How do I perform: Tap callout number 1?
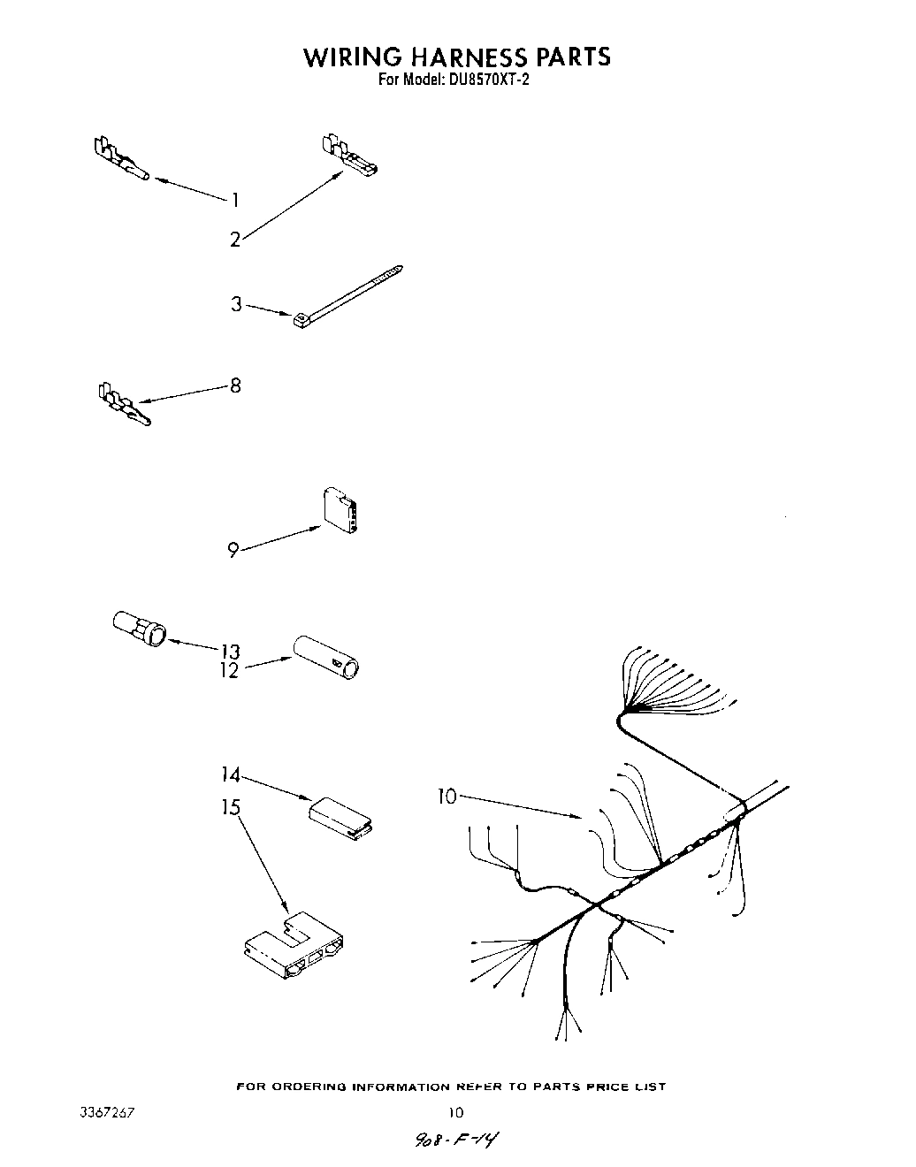[235, 200]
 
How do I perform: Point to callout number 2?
[235, 240]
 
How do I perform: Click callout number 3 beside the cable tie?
[236, 304]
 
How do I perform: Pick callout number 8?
[235, 385]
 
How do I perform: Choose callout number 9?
[233, 550]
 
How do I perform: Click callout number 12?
[230, 670]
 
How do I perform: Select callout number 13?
[230, 652]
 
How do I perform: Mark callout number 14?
[230, 774]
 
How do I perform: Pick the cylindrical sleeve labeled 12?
[327, 655]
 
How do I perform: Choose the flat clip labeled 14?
[340, 815]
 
